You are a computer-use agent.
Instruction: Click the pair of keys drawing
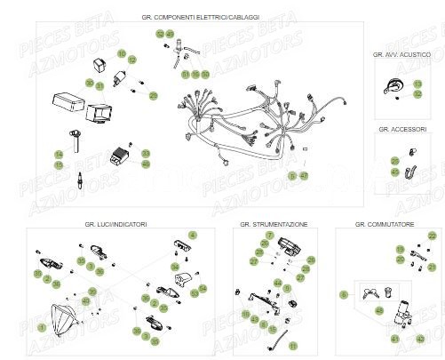(x=371, y=290)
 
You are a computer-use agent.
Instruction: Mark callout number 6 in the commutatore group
(x=344, y=292)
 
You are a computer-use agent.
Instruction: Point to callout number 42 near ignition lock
(x=420, y=339)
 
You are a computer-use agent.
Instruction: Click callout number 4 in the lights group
(x=194, y=235)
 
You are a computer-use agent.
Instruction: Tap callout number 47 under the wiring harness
(x=304, y=177)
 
